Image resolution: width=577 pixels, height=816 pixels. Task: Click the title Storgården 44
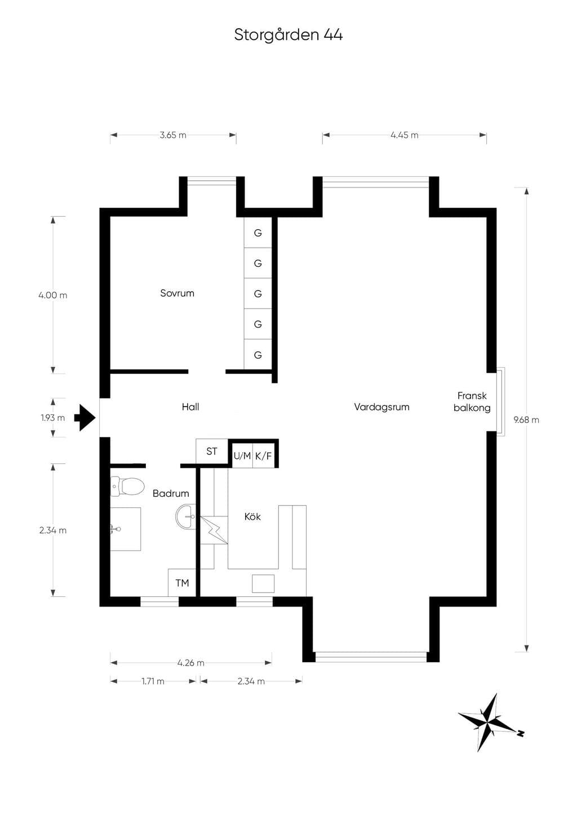click(x=288, y=35)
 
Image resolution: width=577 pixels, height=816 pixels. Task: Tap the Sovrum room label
click(x=177, y=293)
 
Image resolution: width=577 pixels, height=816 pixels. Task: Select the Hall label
click(x=190, y=407)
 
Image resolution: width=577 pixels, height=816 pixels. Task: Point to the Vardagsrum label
click(x=381, y=407)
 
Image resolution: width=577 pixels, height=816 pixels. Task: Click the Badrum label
click(x=171, y=493)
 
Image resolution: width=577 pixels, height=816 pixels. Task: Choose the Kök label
click(x=252, y=516)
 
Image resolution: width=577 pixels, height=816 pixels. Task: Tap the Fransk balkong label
click(x=472, y=402)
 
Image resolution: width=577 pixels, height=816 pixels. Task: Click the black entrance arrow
click(x=85, y=417)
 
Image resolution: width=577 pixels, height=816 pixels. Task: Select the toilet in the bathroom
click(x=127, y=487)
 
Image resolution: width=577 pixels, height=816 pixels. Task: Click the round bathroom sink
click(x=185, y=516)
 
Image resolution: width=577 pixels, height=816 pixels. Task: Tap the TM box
click(x=182, y=583)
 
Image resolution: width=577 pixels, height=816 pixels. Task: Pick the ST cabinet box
click(x=212, y=451)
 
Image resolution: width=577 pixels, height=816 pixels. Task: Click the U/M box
click(x=242, y=456)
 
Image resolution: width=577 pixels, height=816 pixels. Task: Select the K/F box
click(x=264, y=456)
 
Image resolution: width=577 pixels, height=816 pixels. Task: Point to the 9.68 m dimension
click(x=526, y=420)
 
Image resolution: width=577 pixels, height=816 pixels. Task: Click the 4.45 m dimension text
click(x=405, y=135)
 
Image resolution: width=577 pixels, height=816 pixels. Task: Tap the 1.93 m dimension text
click(x=53, y=418)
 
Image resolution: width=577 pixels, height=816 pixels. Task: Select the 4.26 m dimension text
click(x=191, y=663)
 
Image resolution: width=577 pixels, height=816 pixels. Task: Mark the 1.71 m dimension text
click(x=153, y=681)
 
